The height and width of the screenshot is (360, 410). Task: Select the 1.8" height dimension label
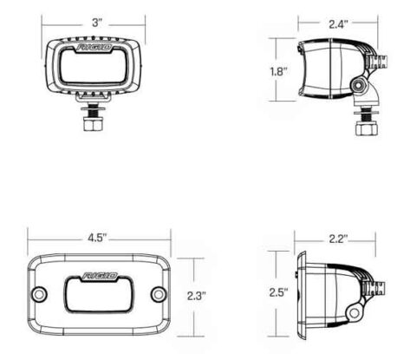coord(277,73)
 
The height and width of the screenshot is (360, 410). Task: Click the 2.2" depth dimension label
coord(337,239)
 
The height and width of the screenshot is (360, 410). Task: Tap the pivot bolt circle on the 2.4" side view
coord(358,84)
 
